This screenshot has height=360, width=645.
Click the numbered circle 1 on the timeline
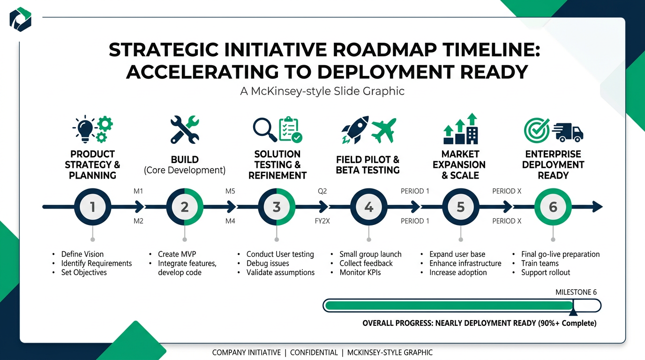pos(92,207)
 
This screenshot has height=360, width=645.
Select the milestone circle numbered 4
pos(368,207)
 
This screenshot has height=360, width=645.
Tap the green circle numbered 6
pos(553,207)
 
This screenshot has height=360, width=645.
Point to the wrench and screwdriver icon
pos(184,129)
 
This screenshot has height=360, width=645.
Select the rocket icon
pos(354,130)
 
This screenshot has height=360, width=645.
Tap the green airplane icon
pos(383,130)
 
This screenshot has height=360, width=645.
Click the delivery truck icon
pos(568,132)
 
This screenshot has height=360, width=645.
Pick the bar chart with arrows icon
pos(460,129)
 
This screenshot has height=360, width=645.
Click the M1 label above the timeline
pos(138,191)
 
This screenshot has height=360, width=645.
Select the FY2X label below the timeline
pos(322,221)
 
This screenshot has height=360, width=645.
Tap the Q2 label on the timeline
pos(322,191)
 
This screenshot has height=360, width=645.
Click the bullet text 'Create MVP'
pos(177,254)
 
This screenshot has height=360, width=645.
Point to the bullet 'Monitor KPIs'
pos(360,272)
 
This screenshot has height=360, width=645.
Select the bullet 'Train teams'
pos(540,263)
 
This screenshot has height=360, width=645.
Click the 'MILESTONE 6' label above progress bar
pos(576,292)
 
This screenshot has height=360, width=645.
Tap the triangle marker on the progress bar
pos(573,311)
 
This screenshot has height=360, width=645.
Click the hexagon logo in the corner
pos(21,19)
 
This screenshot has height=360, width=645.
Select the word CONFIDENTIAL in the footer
pos(314,352)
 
